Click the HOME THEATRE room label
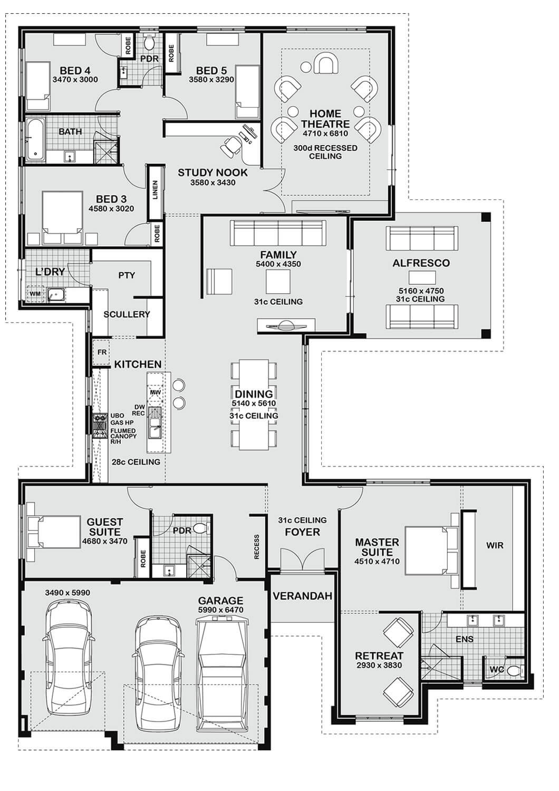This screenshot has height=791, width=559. pyautogui.click(x=325, y=119)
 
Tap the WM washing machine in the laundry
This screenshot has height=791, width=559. pyautogui.click(x=35, y=293)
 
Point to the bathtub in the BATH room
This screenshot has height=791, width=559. pyautogui.click(x=35, y=138)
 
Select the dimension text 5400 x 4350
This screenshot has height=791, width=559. pyautogui.click(x=278, y=264)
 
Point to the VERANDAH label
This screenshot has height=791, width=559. pyautogui.click(x=302, y=596)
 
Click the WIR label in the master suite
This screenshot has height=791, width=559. pyautogui.click(x=495, y=545)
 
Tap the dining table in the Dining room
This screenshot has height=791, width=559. pyautogui.click(x=254, y=404)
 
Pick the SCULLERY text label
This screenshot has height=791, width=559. pyautogui.click(x=127, y=314)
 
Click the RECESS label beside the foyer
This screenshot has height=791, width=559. pyautogui.click(x=257, y=547)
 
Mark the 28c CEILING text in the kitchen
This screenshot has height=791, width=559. pyautogui.click(x=136, y=462)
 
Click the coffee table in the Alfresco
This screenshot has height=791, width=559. pyautogui.click(x=421, y=277)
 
